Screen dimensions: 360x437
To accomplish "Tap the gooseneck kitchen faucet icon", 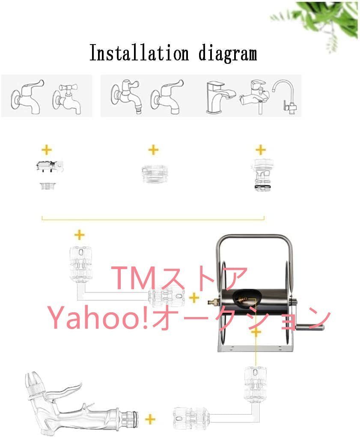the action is pyautogui.click(x=286, y=95).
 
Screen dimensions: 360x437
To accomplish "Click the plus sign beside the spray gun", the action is pyautogui.click(x=149, y=419).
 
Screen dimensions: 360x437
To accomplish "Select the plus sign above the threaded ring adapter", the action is pyautogui.click(x=153, y=150).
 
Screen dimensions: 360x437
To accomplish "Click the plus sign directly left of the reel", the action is pyautogui.click(x=195, y=298).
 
